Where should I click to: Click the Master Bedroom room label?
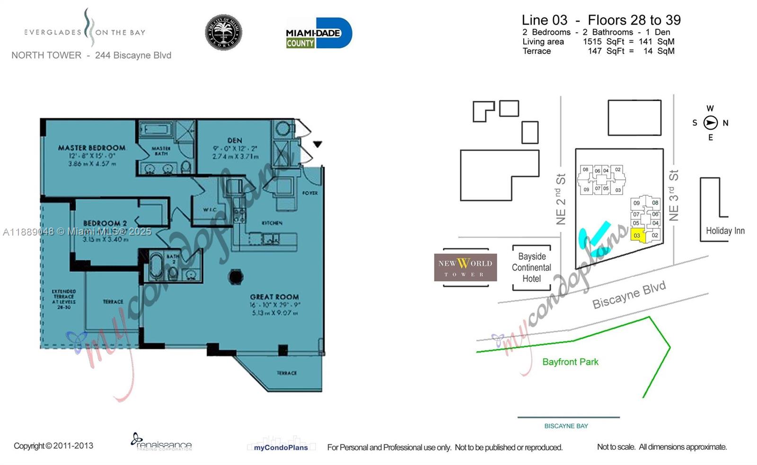click(x=91, y=148)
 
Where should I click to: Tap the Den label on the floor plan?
click(x=235, y=140)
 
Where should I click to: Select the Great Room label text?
click(x=274, y=297)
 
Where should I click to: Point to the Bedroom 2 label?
click(x=105, y=223)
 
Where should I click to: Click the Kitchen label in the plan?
click(x=272, y=223)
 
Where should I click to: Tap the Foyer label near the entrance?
click(x=310, y=193)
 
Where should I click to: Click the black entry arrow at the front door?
click(x=317, y=144)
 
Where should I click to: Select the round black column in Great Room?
click(x=236, y=277)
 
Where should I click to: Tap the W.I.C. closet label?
click(x=210, y=210)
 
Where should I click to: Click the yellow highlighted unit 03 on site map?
click(x=637, y=236)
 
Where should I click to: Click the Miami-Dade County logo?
click(x=319, y=33)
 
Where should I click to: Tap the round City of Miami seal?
click(x=223, y=33)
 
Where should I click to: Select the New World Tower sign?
click(x=465, y=268)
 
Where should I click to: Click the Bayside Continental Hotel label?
click(x=531, y=268)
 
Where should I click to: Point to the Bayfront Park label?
click(x=570, y=362)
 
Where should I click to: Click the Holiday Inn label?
click(x=725, y=231)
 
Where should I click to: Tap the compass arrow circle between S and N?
click(x=710, y=123)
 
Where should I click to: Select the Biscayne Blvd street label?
click(x=629, y=295)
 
